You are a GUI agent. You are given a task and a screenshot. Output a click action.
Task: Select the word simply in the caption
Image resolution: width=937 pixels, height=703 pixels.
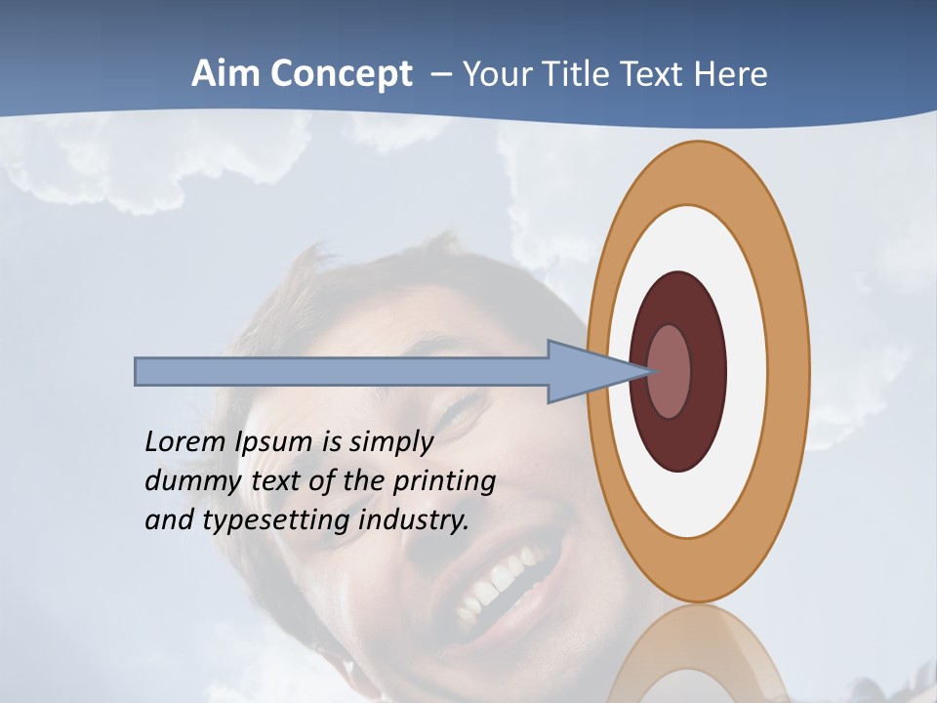pos(389,442)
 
